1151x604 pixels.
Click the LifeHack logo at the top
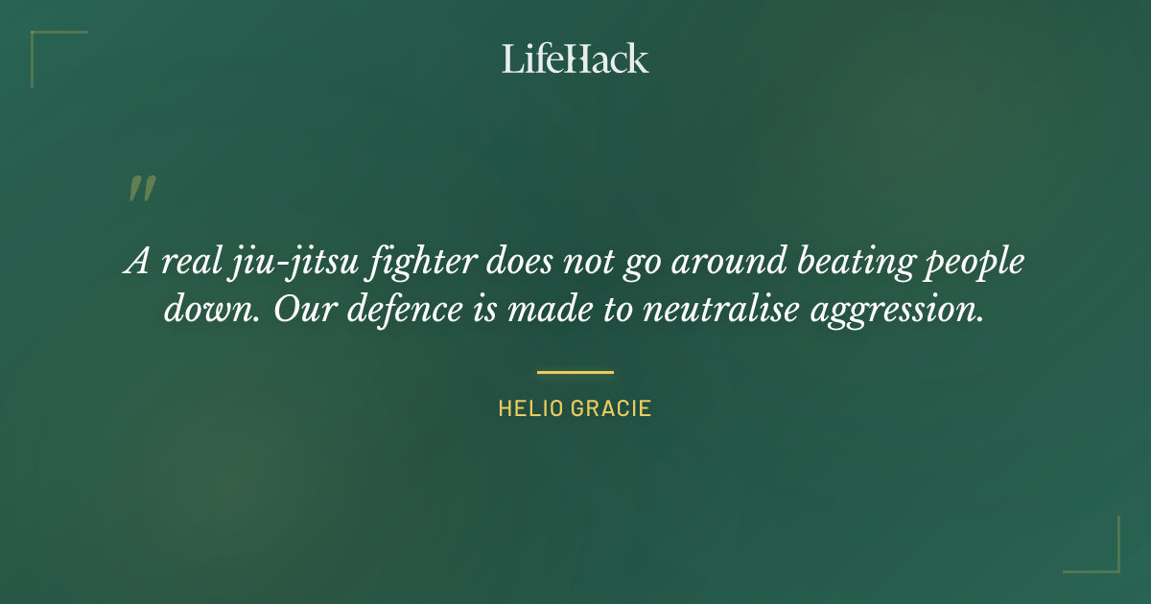(x=575, y=58)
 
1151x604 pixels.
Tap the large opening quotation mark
(x=141, y=189)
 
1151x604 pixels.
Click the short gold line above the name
(x=575, y=372)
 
